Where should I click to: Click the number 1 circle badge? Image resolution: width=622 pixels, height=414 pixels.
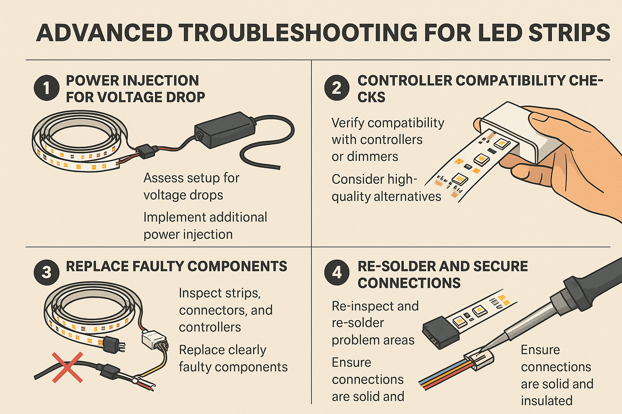[47, 88]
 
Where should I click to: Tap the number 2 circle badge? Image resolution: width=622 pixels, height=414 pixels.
[337, 88]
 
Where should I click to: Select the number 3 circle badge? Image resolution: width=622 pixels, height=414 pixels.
[47, 272]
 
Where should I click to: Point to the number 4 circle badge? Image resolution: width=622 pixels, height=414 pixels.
[337, 272]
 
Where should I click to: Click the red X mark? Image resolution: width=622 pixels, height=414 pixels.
[68, 368]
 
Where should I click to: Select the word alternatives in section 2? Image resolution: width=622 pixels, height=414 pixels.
[407, 196]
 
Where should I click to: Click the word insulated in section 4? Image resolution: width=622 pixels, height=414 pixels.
[546, 401]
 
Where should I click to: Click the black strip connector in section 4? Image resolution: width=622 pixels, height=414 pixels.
[441, 332]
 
